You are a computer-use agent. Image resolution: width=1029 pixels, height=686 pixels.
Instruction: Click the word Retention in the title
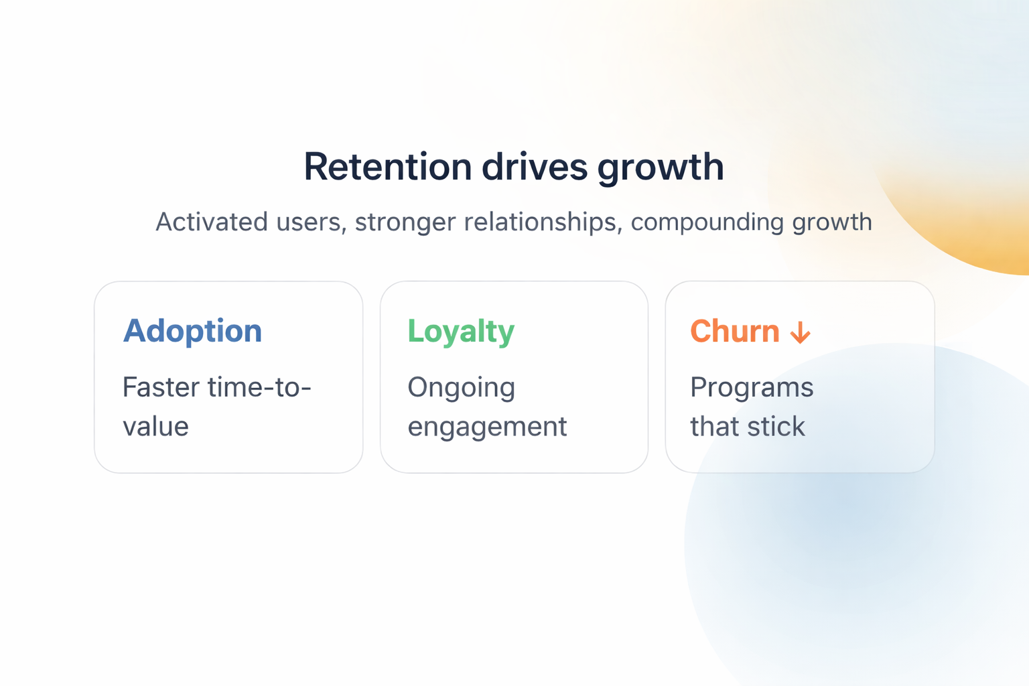coord(388,167)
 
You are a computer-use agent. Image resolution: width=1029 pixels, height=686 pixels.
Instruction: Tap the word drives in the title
coord(534,167)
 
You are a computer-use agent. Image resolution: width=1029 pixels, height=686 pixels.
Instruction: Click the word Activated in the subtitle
coord(211,222)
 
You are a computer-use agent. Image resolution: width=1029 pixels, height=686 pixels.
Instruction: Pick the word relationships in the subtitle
coord(543,223)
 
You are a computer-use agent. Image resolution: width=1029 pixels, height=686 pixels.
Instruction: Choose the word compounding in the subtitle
coord(707,223)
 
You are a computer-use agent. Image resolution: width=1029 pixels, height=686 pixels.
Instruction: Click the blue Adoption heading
coord(192,332)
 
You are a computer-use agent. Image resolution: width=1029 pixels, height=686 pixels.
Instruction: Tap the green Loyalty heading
coord(461,332)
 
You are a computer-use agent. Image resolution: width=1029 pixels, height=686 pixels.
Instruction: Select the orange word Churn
coord(734,331)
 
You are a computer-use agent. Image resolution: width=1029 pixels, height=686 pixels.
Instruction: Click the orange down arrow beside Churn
coord(801,332)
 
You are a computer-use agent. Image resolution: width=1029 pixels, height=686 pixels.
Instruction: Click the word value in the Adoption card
coord(155,426)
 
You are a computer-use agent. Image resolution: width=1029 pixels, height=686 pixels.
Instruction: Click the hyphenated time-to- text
coord(259,387)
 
